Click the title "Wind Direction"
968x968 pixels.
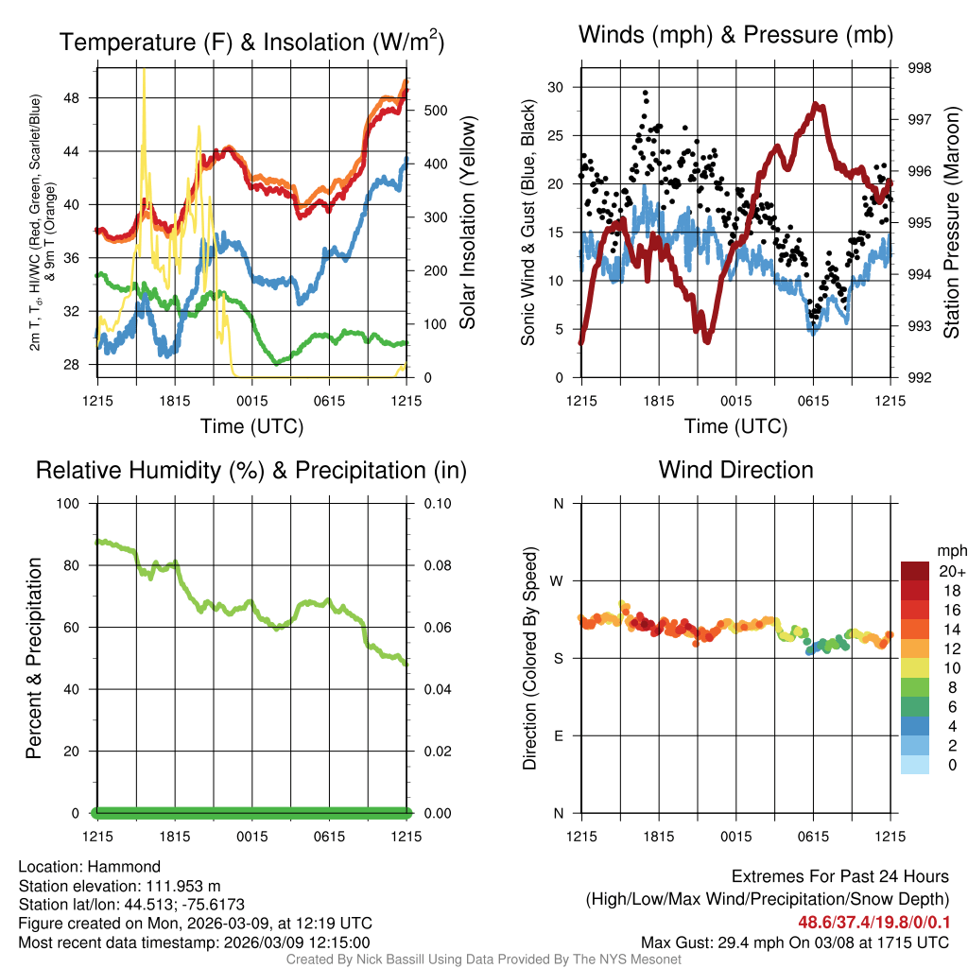point(735,470)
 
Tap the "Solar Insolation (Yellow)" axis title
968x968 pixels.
point(467,223)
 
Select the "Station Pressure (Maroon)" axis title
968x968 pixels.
point(951,223)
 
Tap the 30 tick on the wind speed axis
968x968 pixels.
point(556,87)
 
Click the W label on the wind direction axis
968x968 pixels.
point(558,580)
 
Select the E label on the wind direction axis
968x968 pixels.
point(558,735)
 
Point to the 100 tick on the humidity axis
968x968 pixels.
point(71,503)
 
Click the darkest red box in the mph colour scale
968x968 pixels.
point(914,571)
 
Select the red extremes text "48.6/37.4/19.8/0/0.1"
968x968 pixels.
point(874,922)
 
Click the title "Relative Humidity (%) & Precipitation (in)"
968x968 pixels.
point(251,470)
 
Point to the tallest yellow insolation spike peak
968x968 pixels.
point(144,71)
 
